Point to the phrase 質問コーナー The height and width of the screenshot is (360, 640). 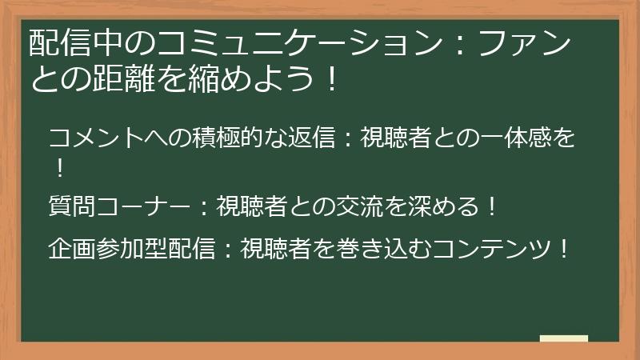point(119,206)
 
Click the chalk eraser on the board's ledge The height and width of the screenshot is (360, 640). point(563,338)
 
